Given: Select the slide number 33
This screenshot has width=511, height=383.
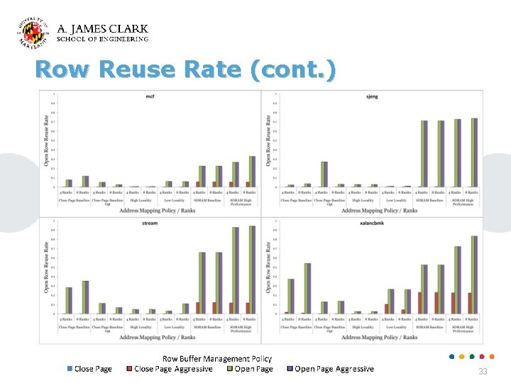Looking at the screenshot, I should click(x=483, y=372).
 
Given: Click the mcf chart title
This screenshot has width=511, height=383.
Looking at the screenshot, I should click(x=150, y=96).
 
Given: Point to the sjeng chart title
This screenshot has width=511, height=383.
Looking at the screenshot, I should click(x=372, y=96).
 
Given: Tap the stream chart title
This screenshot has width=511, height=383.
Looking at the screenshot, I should click(x=150, y=223).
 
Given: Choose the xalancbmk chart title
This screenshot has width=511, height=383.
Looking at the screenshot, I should click(x=372, y=223).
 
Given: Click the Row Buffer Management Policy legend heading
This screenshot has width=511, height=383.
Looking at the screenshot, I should click(x=217, y=359).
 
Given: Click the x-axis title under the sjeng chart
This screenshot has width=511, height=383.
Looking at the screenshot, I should click(x=379, y=210).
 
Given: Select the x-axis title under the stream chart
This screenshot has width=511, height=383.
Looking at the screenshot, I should click(x=157, y=337).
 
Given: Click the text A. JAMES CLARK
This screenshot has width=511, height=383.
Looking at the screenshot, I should click(x=102, y=29).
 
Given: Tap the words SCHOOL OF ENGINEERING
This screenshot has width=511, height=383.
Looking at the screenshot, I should click(x=102, y=40).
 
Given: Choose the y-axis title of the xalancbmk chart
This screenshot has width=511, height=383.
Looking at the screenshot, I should click(x=268, y=267).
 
